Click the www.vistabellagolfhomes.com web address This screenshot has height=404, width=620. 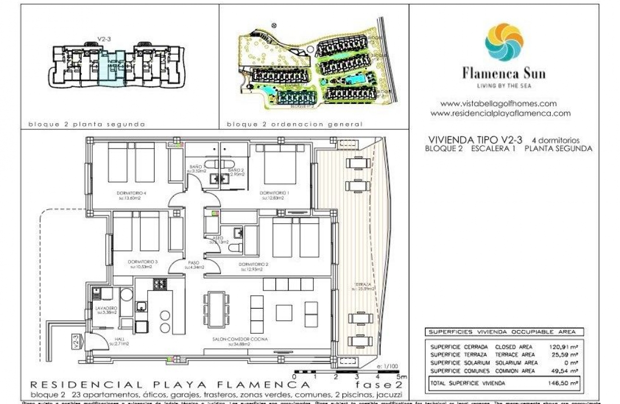(498, 103)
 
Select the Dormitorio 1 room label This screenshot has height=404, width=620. (273, 193)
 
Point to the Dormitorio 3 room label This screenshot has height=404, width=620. (143, 262)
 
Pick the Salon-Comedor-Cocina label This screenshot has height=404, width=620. (240, 340)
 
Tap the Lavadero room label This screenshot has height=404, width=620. (106, 308)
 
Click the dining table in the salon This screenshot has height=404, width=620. (212, 311)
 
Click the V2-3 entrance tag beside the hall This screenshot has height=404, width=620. (75, 341)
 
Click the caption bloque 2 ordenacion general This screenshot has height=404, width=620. (295, 124)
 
